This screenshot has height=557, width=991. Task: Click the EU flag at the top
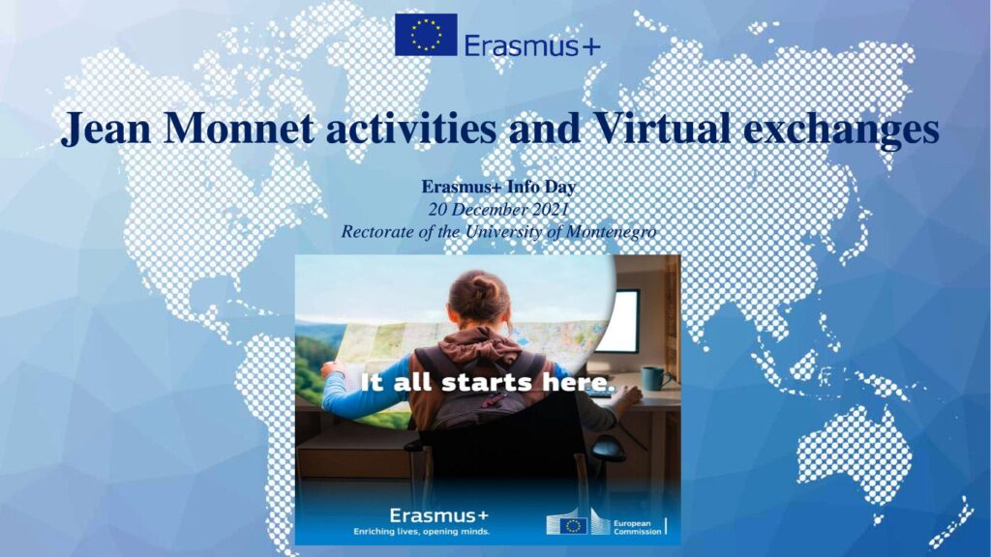coord(426,35)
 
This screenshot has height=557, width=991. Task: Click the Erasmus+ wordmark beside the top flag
coord(532,45)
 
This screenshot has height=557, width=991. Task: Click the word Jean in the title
coord(105,128)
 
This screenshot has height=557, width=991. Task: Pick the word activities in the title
coord(410,128)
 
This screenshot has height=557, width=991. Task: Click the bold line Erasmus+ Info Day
coord(498,187)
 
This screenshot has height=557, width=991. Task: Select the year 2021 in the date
coord(550,209)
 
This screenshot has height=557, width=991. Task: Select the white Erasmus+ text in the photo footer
coord(438,515)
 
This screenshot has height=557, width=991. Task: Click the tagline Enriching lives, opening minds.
coord(422,531)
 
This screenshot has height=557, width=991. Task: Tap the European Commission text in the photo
coord(637,527)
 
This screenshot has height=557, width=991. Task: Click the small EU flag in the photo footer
coord(573,525)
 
